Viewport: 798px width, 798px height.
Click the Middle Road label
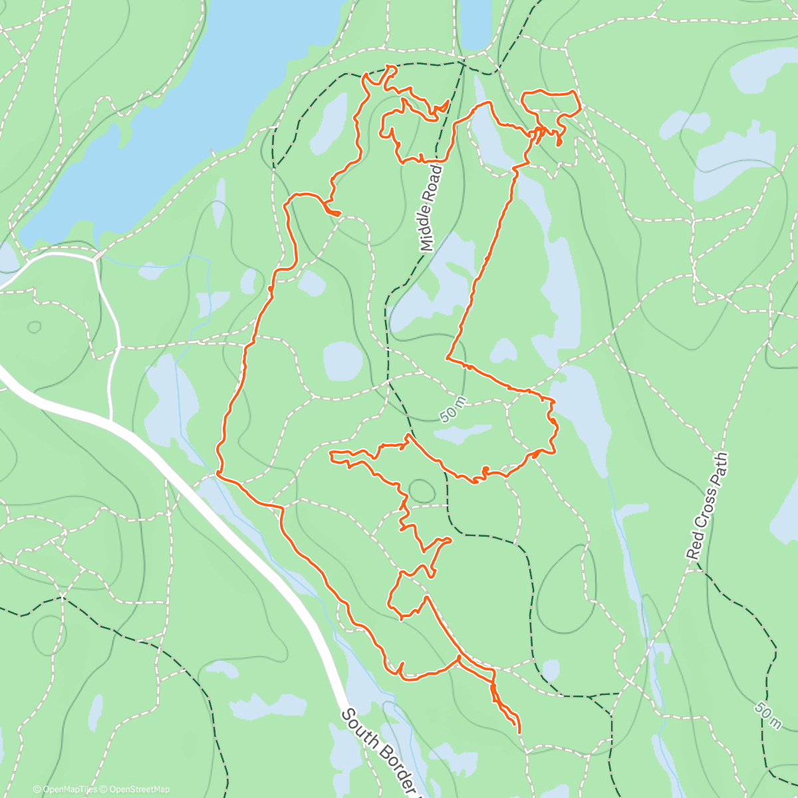[432, 208]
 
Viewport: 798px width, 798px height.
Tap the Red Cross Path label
[708, 507]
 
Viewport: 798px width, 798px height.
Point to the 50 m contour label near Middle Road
[454, 412]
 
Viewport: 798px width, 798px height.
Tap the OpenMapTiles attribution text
[65, 789]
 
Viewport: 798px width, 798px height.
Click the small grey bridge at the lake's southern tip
[98, 255]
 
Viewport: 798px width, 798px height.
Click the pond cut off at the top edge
[475, 23]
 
